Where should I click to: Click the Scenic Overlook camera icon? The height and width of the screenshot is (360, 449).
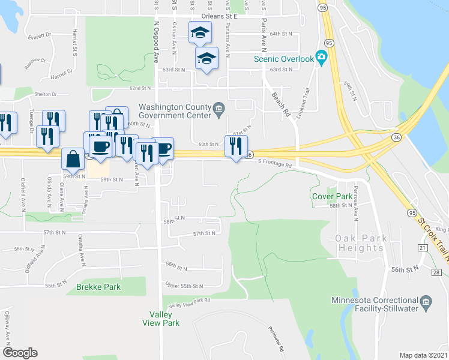(x=321, y=58)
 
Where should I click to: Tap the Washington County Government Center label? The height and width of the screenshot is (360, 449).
(x=174, y=112)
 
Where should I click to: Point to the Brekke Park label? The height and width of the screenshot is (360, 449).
(x=98, y=287)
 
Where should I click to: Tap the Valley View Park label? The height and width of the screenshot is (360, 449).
(x=160, y=319)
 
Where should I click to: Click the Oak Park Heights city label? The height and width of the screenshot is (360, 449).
(x=362, y=243)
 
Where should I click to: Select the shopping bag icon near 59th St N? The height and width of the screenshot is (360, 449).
(x=73, y=159)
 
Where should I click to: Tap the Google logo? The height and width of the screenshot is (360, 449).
(x=20, y=353)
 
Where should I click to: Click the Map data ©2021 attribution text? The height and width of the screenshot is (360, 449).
(x=423, y=355)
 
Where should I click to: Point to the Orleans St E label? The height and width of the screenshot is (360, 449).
(x=220, y=16)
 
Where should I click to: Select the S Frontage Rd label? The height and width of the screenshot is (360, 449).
(x=276, y=162)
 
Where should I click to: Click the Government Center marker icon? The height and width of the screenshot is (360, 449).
(x=219, y=109)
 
